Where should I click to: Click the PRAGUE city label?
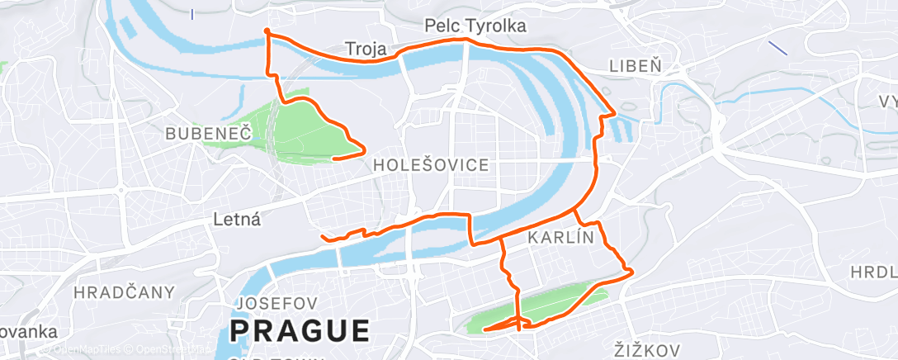(x=300, y=330)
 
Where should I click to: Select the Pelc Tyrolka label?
(x=475, y=27)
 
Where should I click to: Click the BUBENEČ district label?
(x=206, y=133)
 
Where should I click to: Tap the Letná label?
(x=237, y=220)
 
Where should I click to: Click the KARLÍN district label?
(x=560, y=238)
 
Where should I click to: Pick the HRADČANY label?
(x=124, y=292)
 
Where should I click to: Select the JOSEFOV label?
(x=272, y=303)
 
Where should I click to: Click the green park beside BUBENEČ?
(x=297, y=128)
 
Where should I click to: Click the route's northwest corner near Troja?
(x=266, y=31)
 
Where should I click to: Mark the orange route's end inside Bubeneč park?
(x=333, y=158)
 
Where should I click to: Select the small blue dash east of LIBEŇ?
(x=777, y=48)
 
